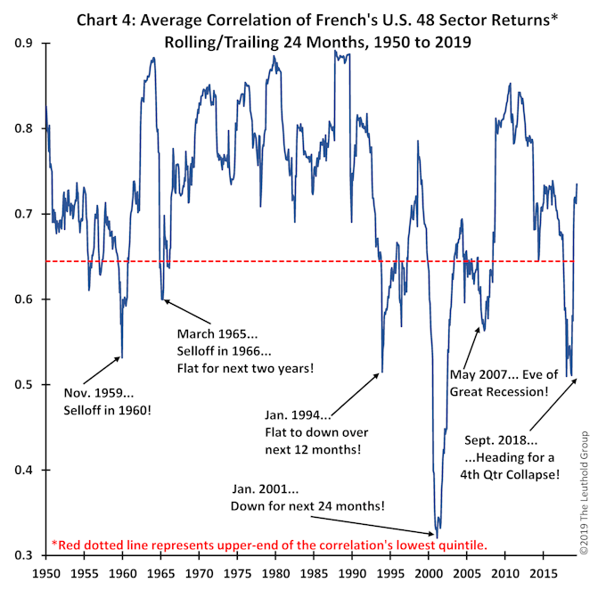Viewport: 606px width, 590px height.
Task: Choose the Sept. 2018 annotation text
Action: point(512,457)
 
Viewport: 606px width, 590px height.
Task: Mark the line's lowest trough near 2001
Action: point(436,532)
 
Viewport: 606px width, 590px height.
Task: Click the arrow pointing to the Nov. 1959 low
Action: point(102,370)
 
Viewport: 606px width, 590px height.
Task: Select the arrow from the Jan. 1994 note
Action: point(356,393)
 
